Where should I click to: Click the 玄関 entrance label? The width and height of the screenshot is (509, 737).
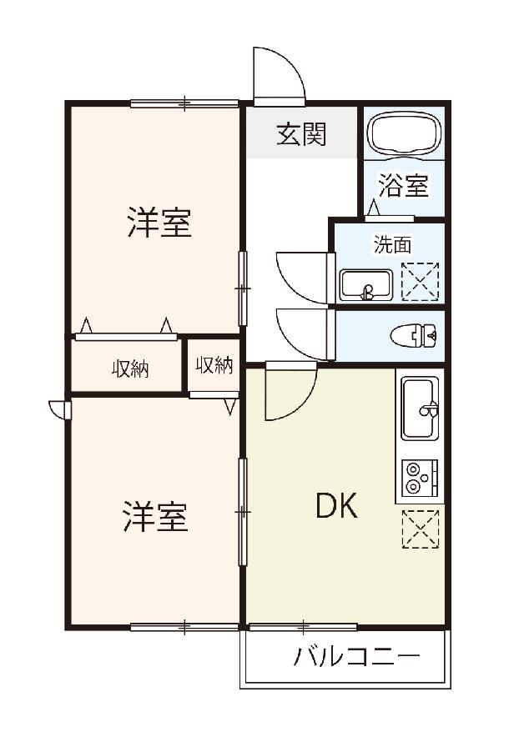tap(301, 134)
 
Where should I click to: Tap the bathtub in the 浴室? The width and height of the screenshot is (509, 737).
tap(405, 133)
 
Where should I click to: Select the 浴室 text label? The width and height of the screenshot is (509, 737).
tap(404, 186)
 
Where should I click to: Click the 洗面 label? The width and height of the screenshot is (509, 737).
tap(393, 245)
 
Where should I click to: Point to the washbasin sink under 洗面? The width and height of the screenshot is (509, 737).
tap(366, 285)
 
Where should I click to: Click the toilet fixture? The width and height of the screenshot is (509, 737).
tap(414, 336)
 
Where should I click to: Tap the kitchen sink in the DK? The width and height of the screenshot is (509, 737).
tap(420, 408)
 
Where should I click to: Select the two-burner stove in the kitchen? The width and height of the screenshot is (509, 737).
tap(420, 478)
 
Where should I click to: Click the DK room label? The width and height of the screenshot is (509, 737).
tap(337, 506)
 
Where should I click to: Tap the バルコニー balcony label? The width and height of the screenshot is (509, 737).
tap(356, 656)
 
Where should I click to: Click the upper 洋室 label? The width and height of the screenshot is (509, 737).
tap(159, 223)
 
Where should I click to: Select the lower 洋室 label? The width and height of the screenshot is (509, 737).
tap(156, 517)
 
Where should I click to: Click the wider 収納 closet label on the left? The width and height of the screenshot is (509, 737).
tap(130, 369)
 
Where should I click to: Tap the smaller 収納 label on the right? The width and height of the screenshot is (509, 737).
tap(214, 365)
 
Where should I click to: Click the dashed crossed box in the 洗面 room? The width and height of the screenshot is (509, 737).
tap(420, 282)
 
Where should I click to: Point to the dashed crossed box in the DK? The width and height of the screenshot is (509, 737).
tap(421, 529)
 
